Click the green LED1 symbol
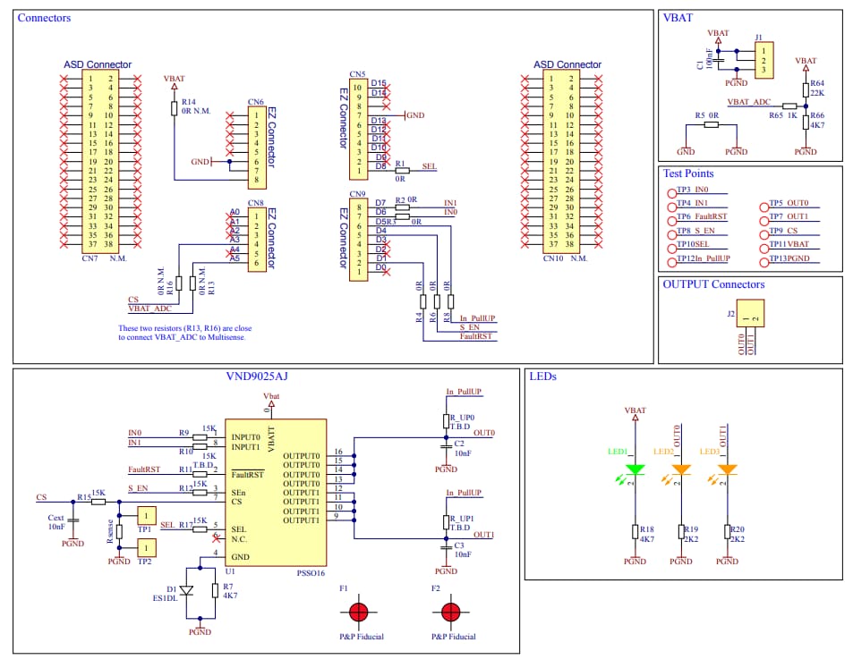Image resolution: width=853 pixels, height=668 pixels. point(635,469)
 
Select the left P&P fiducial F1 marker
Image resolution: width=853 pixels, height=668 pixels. point(358,613)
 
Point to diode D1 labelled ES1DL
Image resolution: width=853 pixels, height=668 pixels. point(186,590)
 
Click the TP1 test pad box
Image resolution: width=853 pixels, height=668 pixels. point(145,515)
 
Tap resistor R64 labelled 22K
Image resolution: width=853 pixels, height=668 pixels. point(806,88)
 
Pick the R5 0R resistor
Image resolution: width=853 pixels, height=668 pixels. point(711,125)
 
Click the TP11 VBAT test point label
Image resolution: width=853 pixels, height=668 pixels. point(789,243)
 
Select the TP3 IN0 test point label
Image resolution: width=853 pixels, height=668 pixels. point(693,190)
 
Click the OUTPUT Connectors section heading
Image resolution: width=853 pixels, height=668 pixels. point(713,284)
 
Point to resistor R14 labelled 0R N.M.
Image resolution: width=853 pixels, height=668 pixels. point(175,108)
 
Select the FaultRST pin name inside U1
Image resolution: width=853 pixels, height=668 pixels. point(247,474)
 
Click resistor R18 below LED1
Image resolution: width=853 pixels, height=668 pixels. point(635,534)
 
